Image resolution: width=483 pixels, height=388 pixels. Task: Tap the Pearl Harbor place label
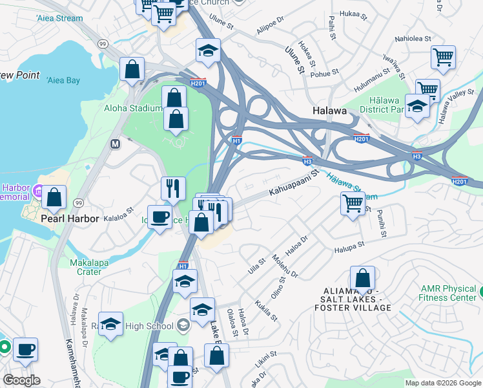click(x=70, y=219)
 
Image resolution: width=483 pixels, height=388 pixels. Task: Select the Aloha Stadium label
click(x=134, y=108)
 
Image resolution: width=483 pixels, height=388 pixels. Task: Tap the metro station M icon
click(x=116, y=144)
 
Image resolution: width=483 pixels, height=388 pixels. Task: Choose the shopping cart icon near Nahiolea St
click(x=443, y=58)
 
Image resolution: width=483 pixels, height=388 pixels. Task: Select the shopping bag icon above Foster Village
click(x=363, y=279)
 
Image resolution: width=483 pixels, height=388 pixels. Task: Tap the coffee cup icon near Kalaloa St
click(x=159, y=217)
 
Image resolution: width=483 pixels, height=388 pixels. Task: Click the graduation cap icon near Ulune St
click(x=208, y=51)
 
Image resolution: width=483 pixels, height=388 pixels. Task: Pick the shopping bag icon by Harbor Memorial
click(x=55, y=197)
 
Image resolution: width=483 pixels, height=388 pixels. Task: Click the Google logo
click(x=21, y=380)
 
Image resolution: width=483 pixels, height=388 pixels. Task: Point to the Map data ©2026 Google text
click(x=442, y=383)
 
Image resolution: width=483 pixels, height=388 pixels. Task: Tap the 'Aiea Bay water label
click(x=63, y=80)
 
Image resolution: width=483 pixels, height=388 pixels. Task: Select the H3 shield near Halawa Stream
click(x=307, y=160)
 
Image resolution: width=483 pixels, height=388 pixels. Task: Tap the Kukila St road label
click(x=266, y=309)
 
